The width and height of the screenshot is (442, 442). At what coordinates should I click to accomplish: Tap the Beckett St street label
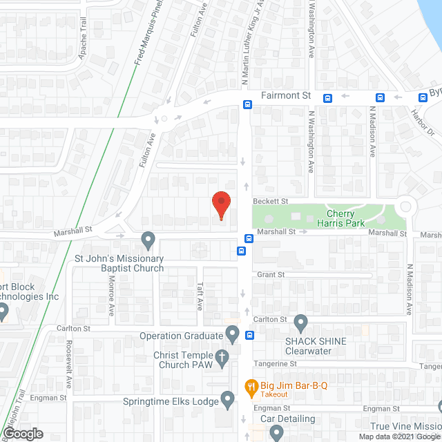269,201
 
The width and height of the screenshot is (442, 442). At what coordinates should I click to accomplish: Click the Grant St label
271,274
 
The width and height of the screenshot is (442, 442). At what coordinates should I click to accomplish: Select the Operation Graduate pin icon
233,335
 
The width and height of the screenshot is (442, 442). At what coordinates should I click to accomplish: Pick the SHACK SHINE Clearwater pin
300,322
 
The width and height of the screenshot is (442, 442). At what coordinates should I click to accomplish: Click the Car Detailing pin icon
277,432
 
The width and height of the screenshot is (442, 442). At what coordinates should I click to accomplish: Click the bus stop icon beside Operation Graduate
249,336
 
